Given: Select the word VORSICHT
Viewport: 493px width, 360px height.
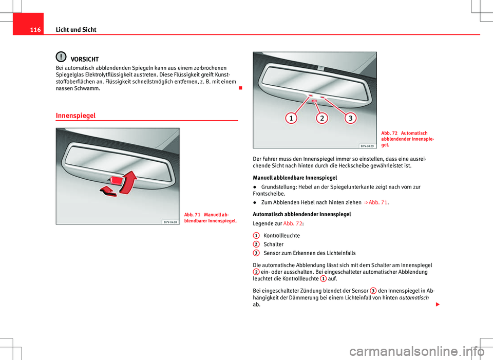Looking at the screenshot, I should coord(85,59).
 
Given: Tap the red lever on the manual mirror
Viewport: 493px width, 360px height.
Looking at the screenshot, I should coord(117,180).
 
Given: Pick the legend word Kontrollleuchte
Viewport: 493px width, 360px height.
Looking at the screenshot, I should coord(281,235).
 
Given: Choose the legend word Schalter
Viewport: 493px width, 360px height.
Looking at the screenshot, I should coord(273,244).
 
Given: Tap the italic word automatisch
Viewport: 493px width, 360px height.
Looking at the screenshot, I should coord(414,298).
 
